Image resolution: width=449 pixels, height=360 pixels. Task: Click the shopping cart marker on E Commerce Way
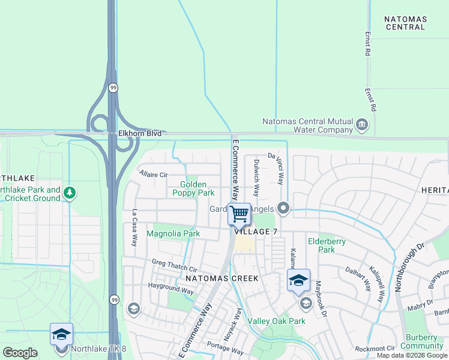[239, 213]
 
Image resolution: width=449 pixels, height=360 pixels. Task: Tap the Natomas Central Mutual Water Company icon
[362, 125]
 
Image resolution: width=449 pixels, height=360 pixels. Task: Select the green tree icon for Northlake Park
[70, 193]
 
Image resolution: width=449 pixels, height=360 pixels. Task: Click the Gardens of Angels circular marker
[283, 209]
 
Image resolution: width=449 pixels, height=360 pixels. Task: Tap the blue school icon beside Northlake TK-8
[61, 334]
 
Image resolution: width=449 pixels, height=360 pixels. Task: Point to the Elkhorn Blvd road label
[136, 133]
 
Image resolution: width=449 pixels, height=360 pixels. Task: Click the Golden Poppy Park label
[193, 189]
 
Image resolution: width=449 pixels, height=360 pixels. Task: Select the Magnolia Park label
[173, 233]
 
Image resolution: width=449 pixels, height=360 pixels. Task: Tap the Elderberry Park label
[321, 245]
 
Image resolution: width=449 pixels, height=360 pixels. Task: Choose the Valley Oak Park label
[280, 321]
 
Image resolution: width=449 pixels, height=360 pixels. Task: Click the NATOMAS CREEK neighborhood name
[221, 278]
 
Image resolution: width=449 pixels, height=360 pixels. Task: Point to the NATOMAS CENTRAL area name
[406, 23]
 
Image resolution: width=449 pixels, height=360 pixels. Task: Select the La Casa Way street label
[134, 227]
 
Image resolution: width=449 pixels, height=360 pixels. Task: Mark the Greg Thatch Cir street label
[175, 266]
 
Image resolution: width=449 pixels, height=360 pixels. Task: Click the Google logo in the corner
[20, 353]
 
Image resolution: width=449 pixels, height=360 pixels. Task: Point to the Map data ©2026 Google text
[412, 355]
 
